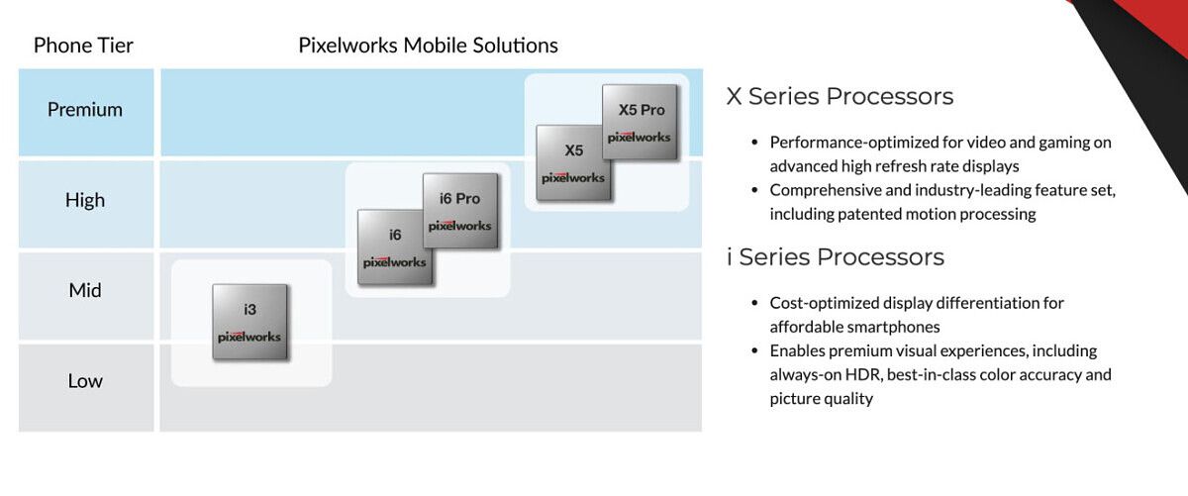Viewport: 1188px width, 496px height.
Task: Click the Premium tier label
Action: click(x=85, y=109)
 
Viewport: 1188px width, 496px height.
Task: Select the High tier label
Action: click(x=85, y=200)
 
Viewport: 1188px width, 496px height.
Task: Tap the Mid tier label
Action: click(x=85, y=290)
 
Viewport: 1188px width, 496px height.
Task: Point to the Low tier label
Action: click(x=85, y=381)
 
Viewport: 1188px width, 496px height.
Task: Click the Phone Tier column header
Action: click(x=83, y=46)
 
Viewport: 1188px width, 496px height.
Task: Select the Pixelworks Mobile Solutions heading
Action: click(x=428, y=46)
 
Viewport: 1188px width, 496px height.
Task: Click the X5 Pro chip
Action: click(x=641, y=122)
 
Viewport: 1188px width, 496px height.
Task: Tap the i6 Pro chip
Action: click(x=461, y=211)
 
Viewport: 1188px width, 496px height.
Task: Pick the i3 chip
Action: click(x=249, y=322)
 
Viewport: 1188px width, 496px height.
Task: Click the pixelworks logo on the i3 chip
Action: click(x=249, y=337)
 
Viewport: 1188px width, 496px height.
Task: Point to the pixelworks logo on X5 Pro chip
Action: click(x=640, y=138)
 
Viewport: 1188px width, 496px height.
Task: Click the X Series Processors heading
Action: click(x=840, y=97)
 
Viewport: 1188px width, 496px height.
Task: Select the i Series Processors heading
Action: click(x=836, y=257)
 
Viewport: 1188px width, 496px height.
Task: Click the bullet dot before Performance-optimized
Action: click(x=754, y=143)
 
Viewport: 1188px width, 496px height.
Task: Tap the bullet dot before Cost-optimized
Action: click(x=754, y=303)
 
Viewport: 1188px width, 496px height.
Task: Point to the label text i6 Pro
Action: click(x=459, y=199)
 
